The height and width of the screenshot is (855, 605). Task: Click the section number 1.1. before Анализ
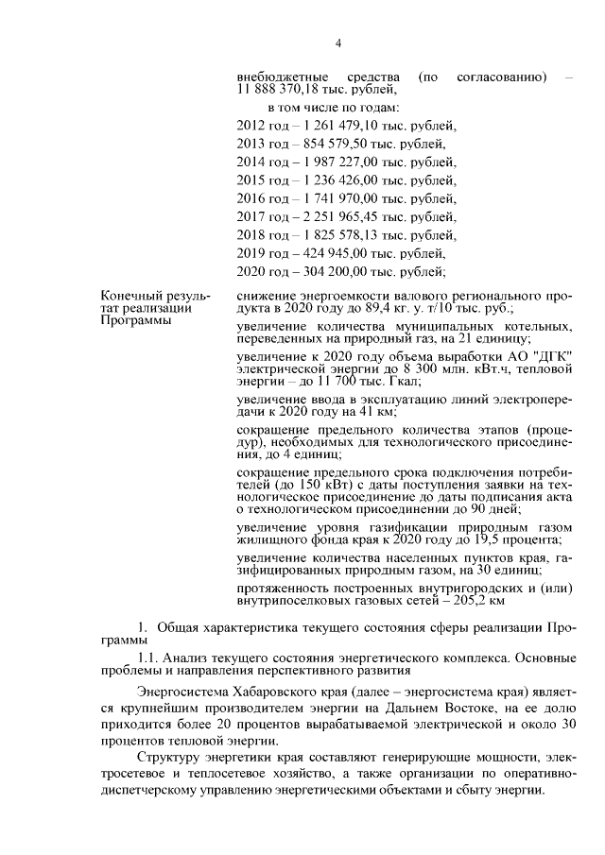tap(148, 656)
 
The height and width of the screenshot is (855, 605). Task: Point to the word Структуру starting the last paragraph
tap(175, 758)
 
